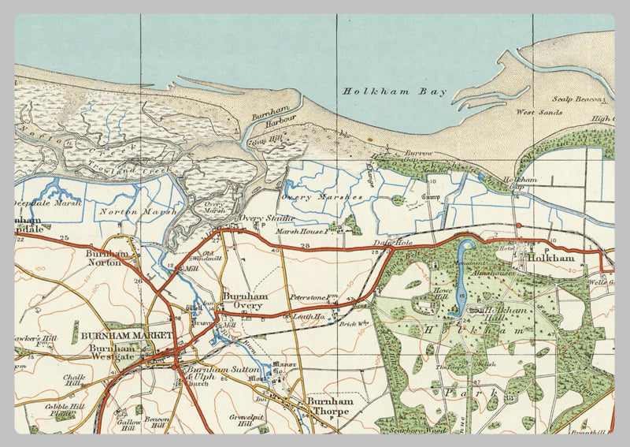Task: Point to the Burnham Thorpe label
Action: point(328,405)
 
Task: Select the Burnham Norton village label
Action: point(107,258)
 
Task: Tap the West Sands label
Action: point(539,113)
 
